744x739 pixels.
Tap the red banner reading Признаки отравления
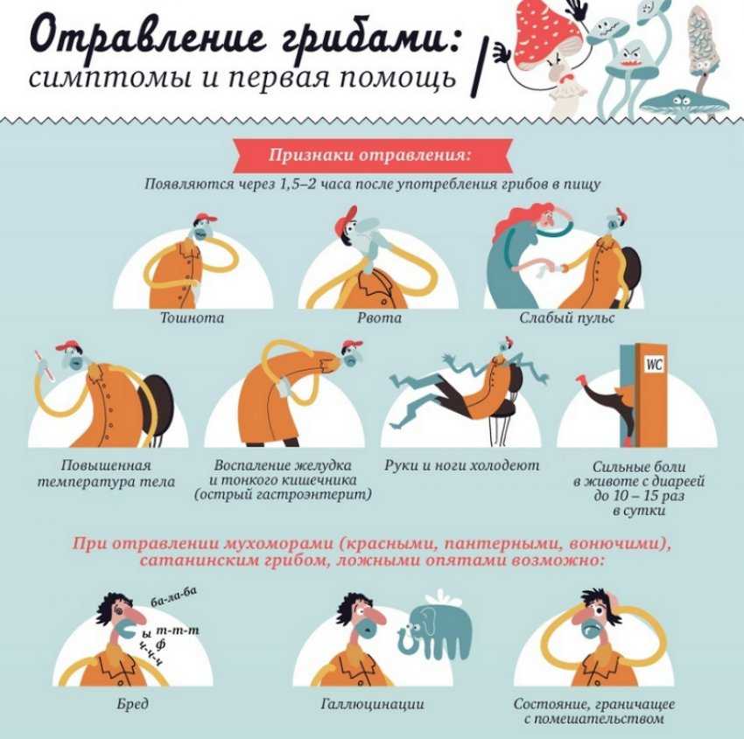(x=373, y=156)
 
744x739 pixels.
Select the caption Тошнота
(x=193, y=317)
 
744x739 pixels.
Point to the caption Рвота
(x=379, y=317)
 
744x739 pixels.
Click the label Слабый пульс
(x=566, y=317)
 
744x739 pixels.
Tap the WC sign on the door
(x=654, y=365)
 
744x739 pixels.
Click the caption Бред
(x=132, y=704)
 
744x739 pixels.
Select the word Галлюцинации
(x=373, y=704)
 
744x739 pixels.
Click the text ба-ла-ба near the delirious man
(x=173, y=597)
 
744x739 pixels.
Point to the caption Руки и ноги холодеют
(x=461, y=465)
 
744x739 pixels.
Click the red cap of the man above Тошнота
(x=206, y=219)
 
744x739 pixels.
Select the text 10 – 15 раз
(x=639, y=496)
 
